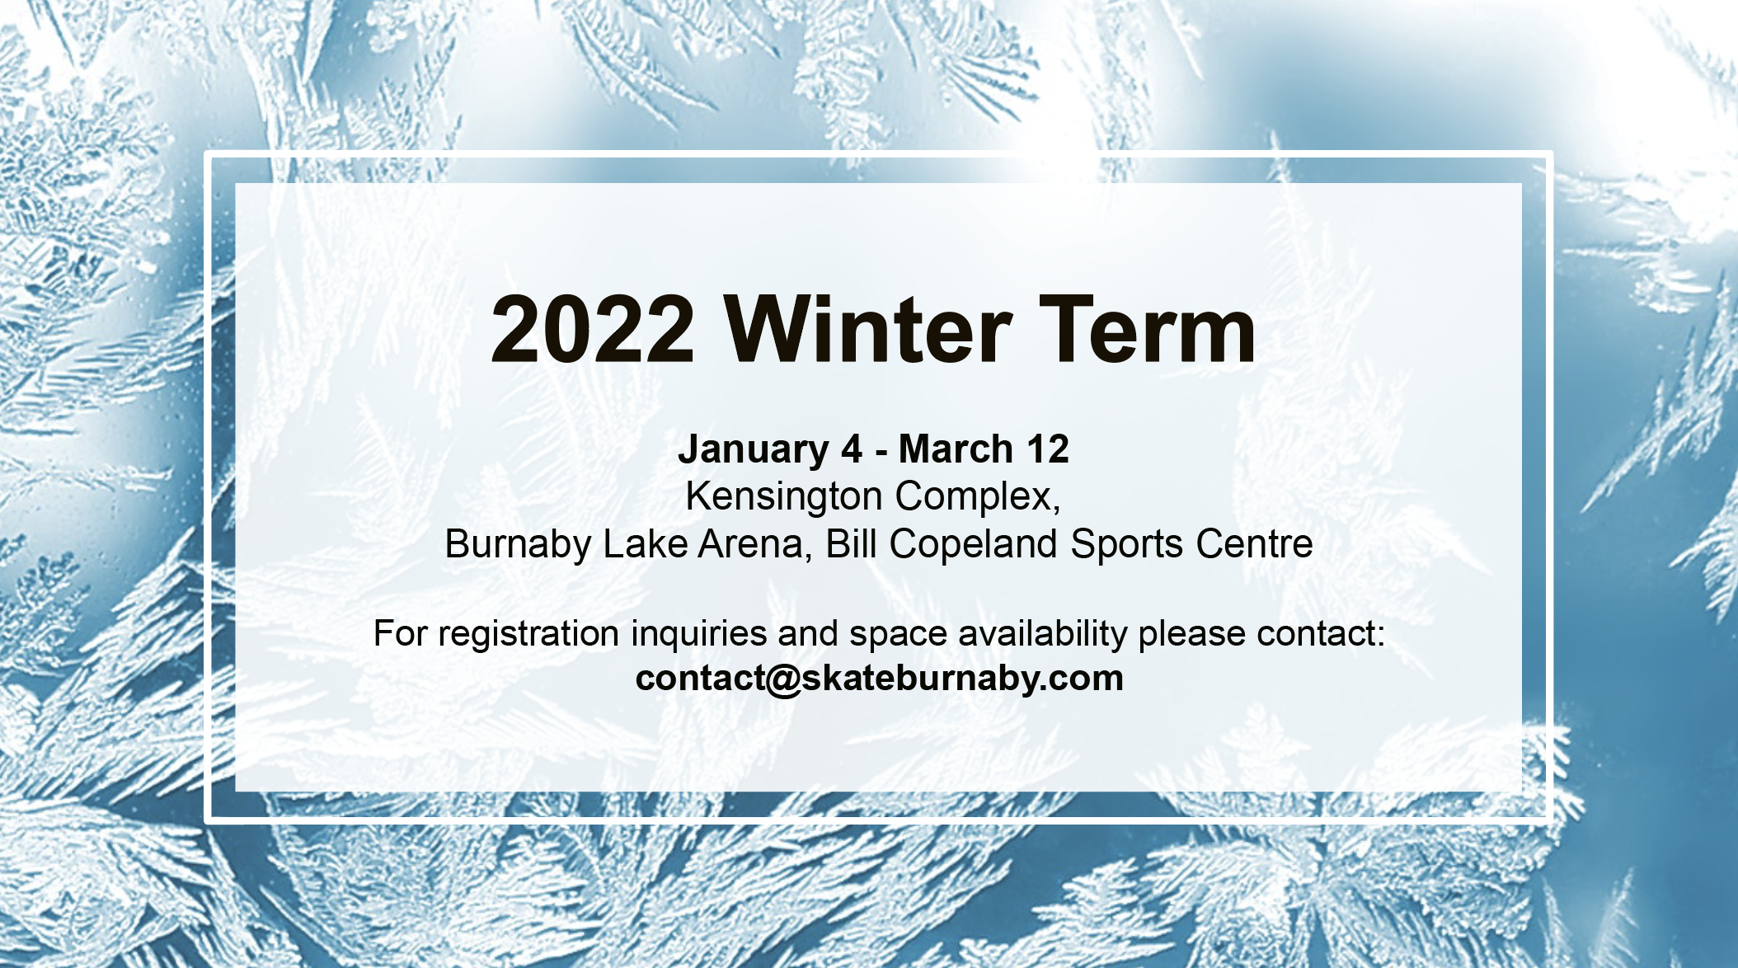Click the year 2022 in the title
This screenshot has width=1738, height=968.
click(x=593, y=330)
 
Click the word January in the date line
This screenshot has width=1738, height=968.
click(x=754, y=450)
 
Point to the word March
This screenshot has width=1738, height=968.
click(x=956, y=449)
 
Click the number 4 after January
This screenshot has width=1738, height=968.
click(x=852, y=449)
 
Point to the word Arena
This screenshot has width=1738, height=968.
click(x=755, y=545)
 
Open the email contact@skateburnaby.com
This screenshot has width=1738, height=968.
click(x=880, y=679)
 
